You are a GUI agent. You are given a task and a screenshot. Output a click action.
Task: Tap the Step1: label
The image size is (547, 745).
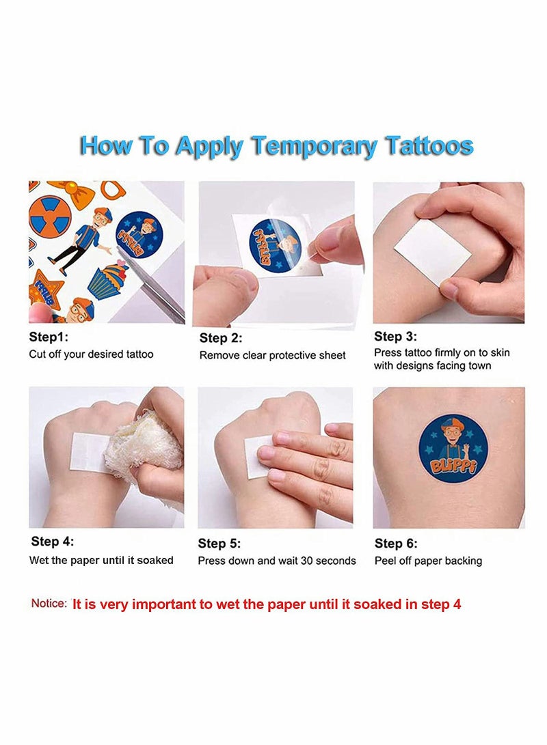click(49, 337)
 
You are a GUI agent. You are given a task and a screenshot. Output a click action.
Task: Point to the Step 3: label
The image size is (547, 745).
click(395, 336)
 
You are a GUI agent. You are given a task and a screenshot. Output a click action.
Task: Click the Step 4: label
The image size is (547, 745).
click(52, 542)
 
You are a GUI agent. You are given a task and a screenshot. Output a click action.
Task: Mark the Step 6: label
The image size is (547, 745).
click(396, 544)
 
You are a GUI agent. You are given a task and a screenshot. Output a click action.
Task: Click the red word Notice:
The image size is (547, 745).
click(49, 604)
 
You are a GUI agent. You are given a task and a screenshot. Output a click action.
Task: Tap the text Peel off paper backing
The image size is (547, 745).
click(428, 561)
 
